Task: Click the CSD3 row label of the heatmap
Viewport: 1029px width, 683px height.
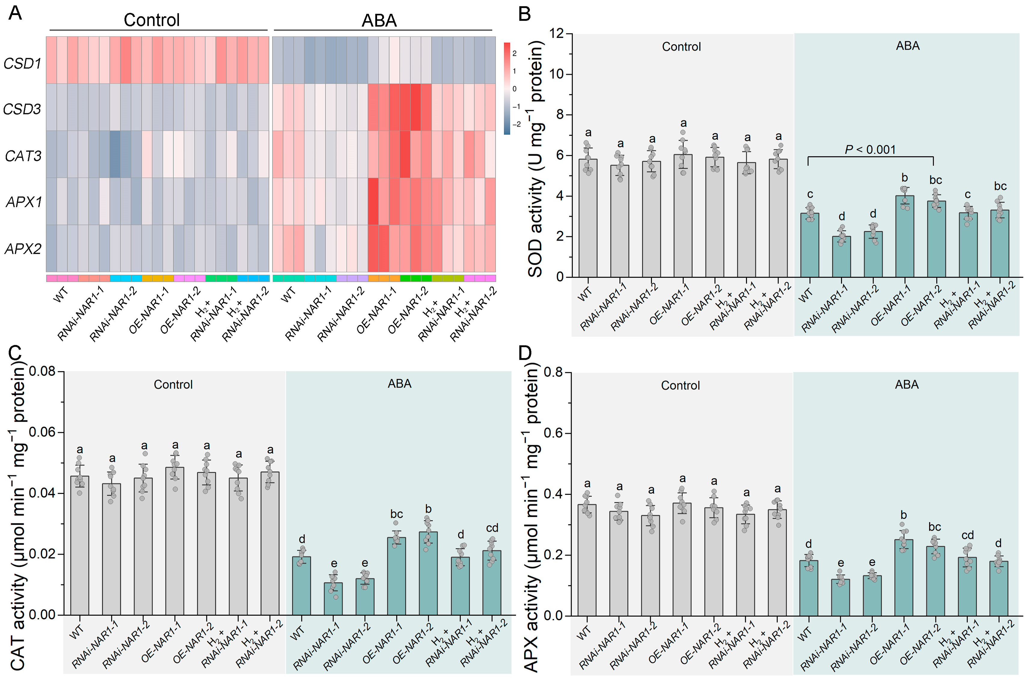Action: tap(22, 109)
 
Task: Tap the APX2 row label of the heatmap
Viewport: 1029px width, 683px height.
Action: tap(23, 249)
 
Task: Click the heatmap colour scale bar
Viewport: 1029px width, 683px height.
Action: tap(507, 88)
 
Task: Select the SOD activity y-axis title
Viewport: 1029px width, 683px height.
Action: tap(536, 159)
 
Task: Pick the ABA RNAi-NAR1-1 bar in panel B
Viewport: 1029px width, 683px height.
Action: tap(841, 256)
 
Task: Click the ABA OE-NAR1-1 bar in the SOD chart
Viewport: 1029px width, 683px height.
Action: tap(905, 237)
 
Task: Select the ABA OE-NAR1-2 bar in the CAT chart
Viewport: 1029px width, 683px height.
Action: tap(428, 573)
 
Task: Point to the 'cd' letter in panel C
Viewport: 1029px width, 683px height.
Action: tap(492, 528)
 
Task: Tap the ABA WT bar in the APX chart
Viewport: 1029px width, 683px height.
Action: tap(809, 588)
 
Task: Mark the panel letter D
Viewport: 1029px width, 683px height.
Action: tap(525, 352)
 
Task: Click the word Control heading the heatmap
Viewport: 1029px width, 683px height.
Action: tap(152, 20)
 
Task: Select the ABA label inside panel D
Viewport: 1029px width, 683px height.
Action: tap(907, 384)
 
